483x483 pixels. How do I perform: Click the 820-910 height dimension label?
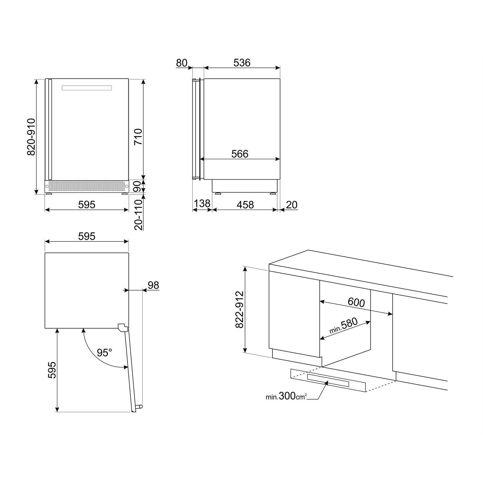31,137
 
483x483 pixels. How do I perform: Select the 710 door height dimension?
138,137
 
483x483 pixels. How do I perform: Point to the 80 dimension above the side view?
182,63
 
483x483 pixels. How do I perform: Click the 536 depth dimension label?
242,63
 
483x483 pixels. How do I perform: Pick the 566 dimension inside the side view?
240,154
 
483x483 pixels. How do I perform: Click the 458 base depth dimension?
245,204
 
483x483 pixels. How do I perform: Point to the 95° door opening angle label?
105,353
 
